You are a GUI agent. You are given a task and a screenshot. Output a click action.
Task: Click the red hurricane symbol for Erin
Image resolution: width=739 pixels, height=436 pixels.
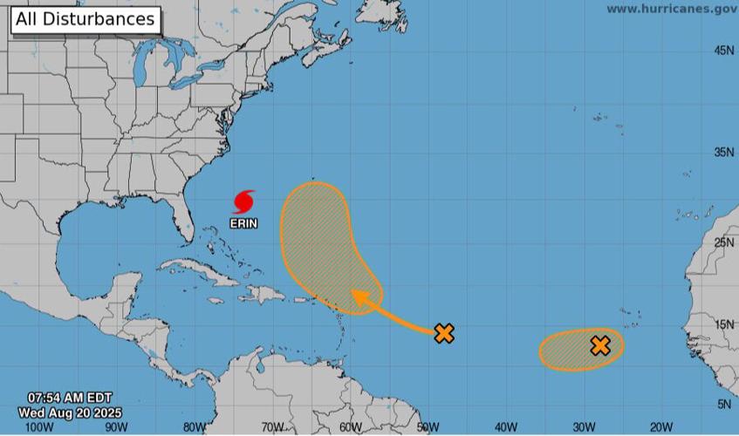click(x=243, y=202)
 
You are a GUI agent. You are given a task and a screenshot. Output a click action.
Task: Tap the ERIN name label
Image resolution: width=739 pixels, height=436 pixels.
click(x=243, y=223)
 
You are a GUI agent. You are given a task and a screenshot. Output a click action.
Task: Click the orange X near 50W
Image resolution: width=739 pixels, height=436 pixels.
click(x=444, y=332)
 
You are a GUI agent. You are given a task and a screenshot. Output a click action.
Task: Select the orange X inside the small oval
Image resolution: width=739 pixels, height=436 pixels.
click(x=599, y=345)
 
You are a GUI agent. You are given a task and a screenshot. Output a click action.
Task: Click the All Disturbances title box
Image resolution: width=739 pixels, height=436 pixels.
click(x=86, y=19)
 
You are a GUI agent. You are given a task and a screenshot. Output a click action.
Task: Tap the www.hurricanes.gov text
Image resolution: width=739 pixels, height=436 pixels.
click(x=671, y=9)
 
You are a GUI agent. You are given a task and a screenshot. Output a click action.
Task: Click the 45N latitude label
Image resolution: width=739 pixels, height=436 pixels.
click(x=723, y=51)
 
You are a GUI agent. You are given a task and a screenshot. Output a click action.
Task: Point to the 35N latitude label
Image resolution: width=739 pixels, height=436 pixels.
click(x=723, y=153)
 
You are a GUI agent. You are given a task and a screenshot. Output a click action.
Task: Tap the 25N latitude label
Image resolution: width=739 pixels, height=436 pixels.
click(x=723, y=243)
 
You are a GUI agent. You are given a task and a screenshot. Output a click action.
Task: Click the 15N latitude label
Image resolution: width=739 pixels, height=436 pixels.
click(x=723, y=325)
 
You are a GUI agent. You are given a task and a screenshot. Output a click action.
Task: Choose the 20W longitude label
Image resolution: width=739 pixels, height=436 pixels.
click(x=660, y=427)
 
